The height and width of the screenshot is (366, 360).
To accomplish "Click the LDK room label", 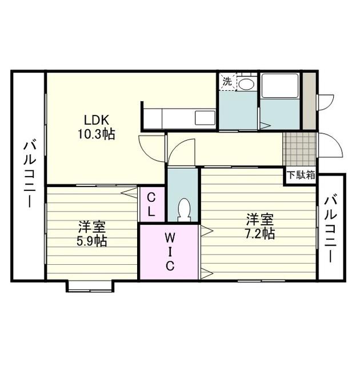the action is tap(97, 120).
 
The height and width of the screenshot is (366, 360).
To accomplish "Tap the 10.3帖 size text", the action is tap(96, 134).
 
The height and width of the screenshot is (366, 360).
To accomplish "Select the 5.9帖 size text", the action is tap(91, 241).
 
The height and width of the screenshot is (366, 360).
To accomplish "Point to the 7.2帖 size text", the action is tap(260, 233).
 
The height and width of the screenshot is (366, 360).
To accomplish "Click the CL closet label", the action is tap(151, 205).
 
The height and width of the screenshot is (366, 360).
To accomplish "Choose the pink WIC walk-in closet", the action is tap(170, 252).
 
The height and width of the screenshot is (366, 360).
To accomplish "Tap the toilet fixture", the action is tap(184, 210).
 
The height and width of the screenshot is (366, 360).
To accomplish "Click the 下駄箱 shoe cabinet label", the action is tap(301, 175).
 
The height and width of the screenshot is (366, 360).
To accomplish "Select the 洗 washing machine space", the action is tap(228, 82).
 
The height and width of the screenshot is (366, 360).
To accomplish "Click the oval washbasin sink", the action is tap(247, 83).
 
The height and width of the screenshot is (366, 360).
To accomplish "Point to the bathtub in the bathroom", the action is tap(280, 85).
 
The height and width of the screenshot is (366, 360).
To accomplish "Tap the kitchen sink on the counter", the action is tap(205, 118).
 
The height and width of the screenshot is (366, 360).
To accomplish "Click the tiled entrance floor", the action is tap(299, 149).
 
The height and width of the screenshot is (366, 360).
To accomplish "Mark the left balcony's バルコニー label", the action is tap(29, 173).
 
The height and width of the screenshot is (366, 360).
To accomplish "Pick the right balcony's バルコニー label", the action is tap(331, 229).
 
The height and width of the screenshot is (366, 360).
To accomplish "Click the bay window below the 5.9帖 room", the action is tap(90, 286).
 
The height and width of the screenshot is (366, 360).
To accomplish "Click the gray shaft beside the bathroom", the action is tap(309, 101).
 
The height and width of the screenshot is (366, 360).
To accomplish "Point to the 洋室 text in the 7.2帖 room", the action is tap(260, 220).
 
